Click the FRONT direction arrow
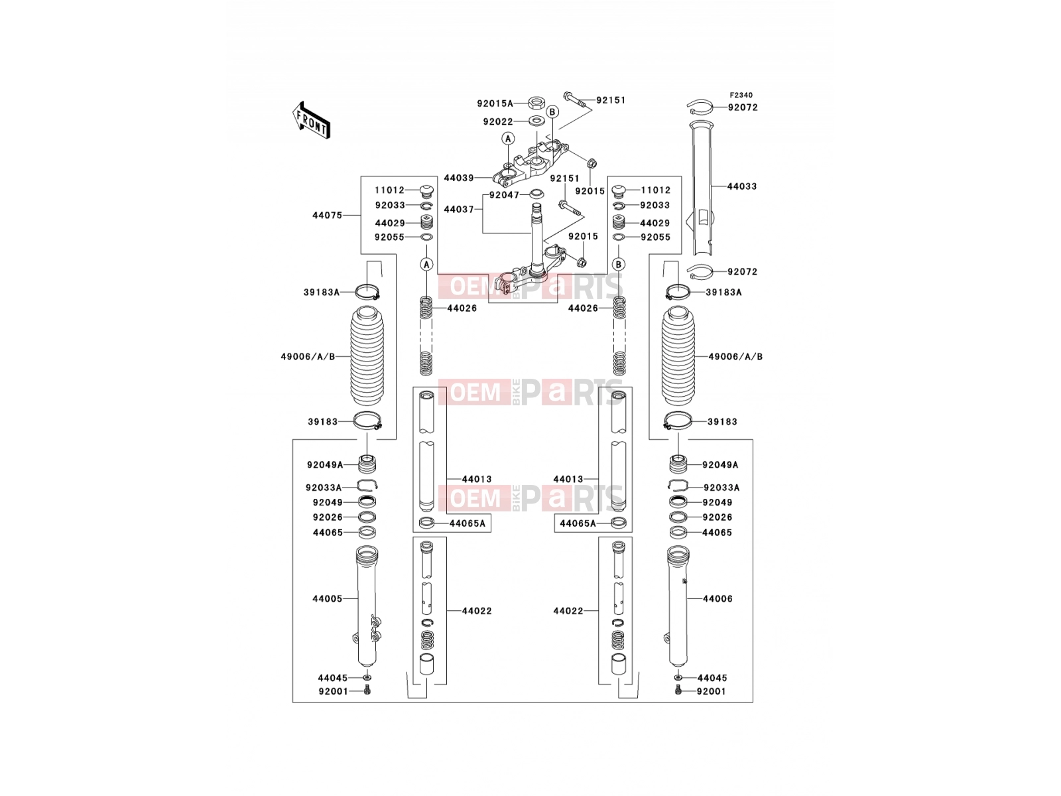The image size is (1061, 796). [311, 120]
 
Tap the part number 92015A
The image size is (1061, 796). [495, 103]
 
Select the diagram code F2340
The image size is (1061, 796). [741, 96]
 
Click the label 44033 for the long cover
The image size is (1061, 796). [742, 186]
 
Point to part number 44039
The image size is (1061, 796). [459, 178]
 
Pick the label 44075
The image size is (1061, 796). [327, 215]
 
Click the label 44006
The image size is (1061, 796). [718, 599]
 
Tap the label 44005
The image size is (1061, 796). [327, 599]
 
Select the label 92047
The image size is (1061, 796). [504, 195]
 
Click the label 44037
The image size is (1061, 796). [459, 210]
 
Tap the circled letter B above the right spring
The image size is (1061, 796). [618, 265]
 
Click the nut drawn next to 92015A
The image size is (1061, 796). [535, 102]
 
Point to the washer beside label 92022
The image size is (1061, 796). [535, 121]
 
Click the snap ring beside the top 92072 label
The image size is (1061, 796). [700, 107]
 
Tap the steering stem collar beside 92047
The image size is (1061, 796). [536, 194]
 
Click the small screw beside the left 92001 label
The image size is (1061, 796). [367, 692]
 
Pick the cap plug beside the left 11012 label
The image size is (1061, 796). [425, 191]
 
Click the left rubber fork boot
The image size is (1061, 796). [367, 356]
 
